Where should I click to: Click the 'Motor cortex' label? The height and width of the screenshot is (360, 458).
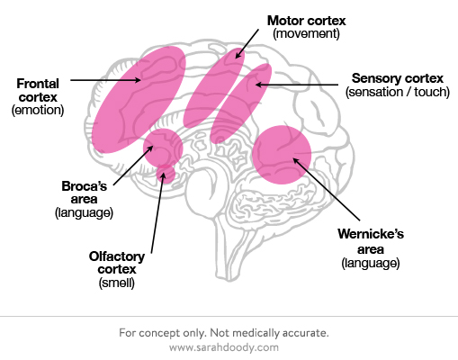(306, 21)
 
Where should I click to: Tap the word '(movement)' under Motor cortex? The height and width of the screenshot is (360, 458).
(306, 33)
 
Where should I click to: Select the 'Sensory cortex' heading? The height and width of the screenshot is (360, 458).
(398, 78)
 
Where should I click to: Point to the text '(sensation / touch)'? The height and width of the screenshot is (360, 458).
(398, 92)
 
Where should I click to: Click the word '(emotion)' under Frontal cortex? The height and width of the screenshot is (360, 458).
(38, 110)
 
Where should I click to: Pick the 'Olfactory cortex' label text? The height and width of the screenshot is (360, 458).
(117, 263)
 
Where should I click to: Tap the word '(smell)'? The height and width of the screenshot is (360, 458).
(117, 283)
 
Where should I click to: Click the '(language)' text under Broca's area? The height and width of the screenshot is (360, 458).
(84, 212)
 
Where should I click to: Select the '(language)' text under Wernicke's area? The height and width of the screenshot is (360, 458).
(371, 263)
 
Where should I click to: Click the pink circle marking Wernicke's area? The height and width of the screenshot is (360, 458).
(282, 155)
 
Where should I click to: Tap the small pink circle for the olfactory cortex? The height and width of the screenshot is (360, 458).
(166, 174)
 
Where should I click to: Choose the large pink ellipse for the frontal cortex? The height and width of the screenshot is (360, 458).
(139, 100)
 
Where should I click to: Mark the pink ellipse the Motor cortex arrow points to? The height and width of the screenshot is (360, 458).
(213, 88)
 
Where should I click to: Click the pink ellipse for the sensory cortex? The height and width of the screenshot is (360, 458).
(240, 103)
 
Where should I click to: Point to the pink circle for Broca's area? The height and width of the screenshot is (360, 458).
(163, 148)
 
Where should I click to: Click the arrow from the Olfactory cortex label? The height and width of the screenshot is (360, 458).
(157, 212)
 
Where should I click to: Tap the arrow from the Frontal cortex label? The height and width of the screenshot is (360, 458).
(105, 80)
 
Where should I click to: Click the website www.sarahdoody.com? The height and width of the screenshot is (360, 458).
(224, 347)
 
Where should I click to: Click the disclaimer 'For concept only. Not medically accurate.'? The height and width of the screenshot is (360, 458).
(224, 333)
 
